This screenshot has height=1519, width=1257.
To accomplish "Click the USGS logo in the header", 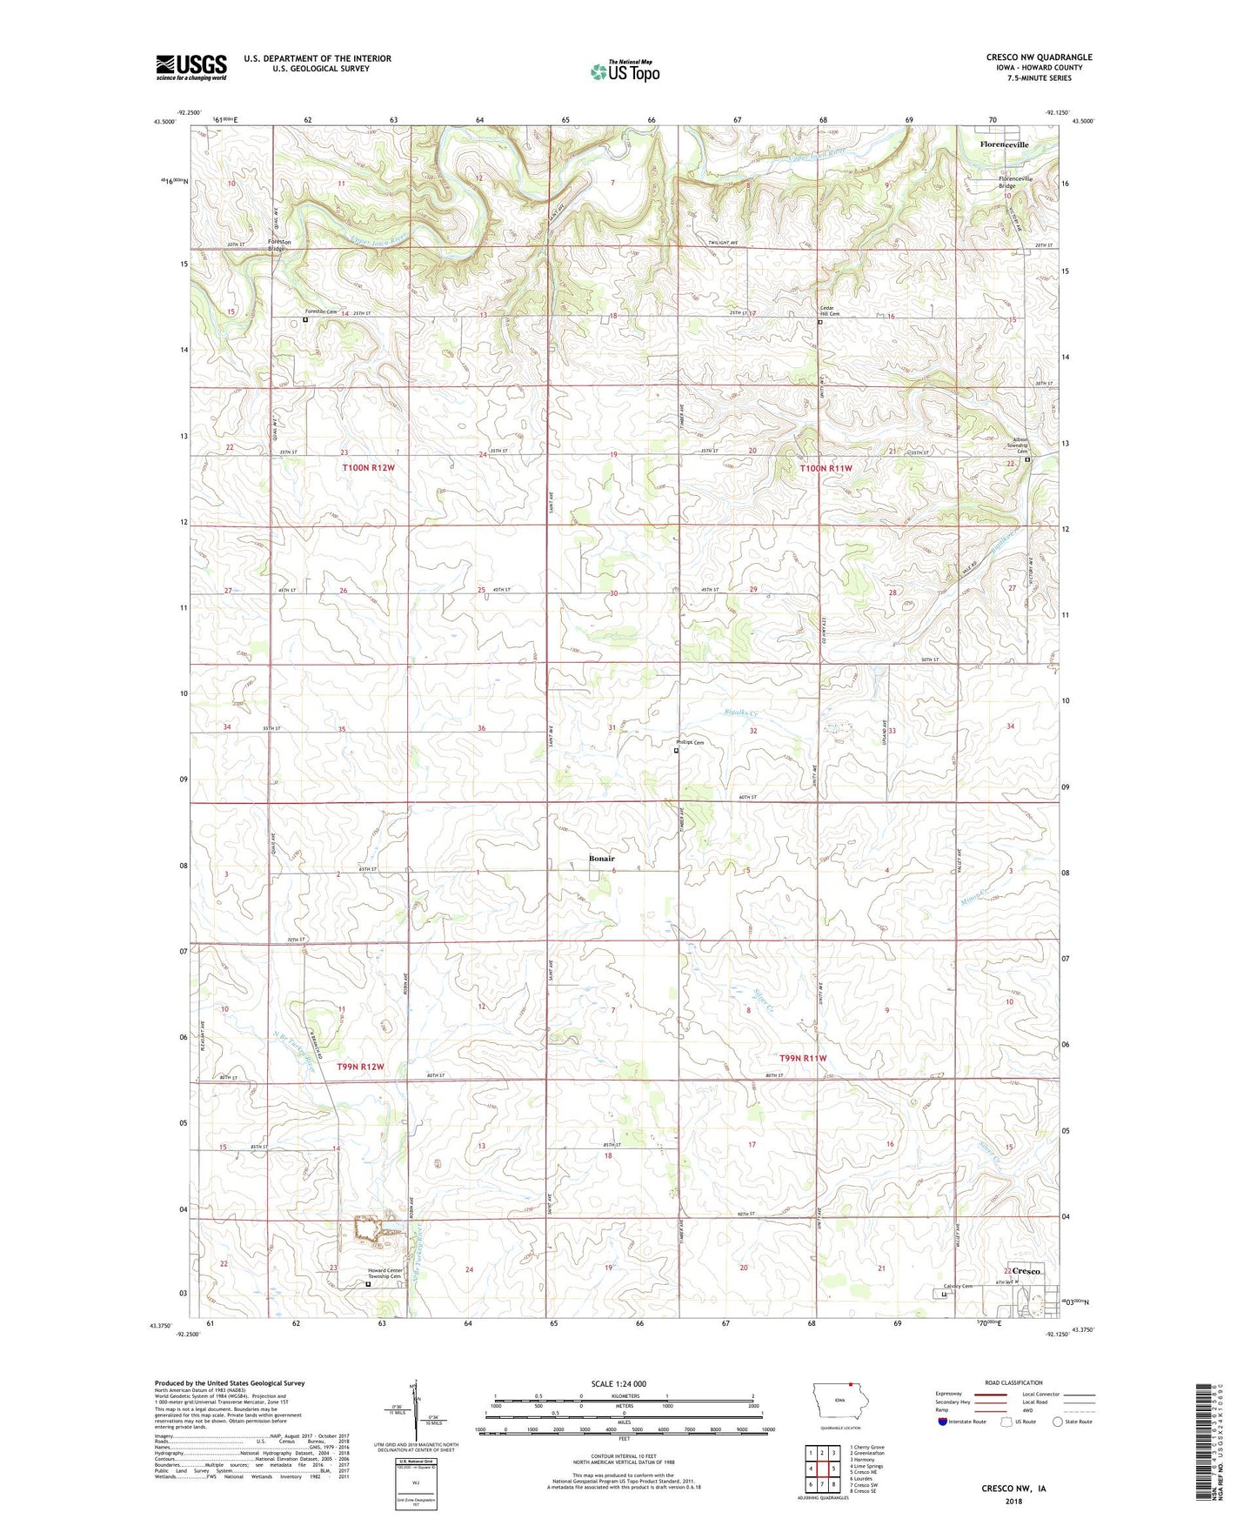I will coord(191,67).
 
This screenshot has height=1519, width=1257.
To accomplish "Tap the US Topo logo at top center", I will coord(625,71).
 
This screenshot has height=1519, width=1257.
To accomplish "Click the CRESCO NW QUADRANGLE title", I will coord(1039,57).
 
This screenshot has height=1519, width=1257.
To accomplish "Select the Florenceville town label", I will coord(1004,144).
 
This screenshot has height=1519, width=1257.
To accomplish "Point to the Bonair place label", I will coord(601,859).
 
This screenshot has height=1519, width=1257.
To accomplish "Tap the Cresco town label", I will coord(1026,1271).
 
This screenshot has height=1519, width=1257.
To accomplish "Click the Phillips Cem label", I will coord(690,743).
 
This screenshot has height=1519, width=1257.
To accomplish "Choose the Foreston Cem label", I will coord(320,312).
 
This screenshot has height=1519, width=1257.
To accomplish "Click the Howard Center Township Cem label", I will coord(384,1274).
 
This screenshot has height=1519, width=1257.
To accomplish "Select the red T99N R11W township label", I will coord(803,1059).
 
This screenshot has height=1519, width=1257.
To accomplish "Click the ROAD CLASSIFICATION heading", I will coord(1014,1382).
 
